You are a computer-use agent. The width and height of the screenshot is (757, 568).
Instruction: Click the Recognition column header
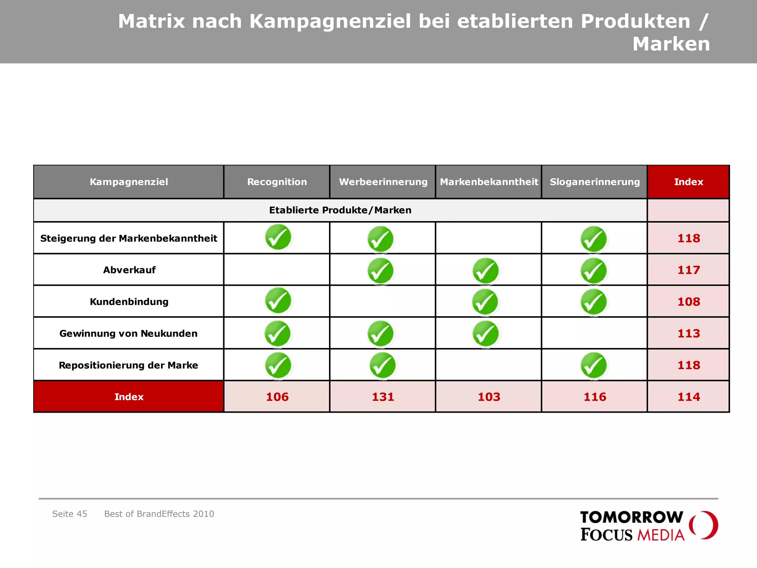tap(277, 182)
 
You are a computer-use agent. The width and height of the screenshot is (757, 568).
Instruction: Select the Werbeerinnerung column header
tap(383, 182)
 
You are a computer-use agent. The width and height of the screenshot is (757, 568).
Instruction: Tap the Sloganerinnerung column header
tap(594, 182)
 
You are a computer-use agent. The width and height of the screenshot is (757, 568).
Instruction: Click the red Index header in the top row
tap(688, 182)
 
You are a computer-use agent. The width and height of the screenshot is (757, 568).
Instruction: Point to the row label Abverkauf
tap(129, 270)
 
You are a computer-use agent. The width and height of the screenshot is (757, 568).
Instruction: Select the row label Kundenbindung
tap(129, 302)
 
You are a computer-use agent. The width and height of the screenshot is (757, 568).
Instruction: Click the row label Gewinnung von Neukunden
tap(128, 334)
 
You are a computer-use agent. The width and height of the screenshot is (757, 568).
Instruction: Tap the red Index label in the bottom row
tap(129, 397)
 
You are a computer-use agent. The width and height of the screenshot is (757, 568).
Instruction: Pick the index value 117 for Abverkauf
tap(688, 270)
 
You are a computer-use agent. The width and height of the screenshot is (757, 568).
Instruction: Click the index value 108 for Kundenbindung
tap(688, 302)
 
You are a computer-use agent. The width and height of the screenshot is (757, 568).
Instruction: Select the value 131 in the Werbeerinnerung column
tap(383, 397)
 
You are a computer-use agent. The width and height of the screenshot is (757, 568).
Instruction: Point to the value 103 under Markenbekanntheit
tap(489, 397)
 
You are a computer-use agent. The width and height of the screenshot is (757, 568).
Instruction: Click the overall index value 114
tap(688, 397)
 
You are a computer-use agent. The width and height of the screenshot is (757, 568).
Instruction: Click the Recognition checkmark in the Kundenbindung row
tap(278, 301)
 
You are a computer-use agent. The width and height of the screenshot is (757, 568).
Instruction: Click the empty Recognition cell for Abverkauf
tap(277, 270)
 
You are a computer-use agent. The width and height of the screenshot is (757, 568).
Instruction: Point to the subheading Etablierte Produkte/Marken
tap(340, 210)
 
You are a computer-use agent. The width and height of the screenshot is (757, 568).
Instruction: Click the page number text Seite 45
tap(69, 514)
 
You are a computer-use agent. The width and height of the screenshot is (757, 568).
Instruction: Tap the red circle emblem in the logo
tap(703, 525)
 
